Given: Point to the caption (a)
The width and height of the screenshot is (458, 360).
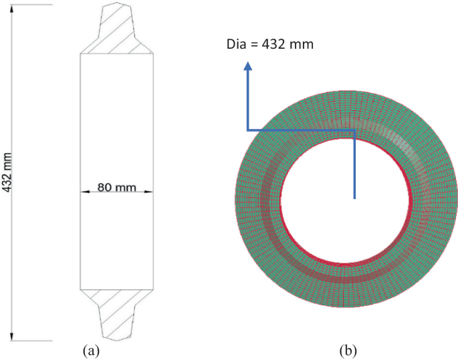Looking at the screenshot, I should (x=90, y=349).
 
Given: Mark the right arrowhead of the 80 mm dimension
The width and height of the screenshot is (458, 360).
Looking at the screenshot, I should (x=151, y=192).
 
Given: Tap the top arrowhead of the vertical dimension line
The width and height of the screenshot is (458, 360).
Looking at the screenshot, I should (x=14, y=7).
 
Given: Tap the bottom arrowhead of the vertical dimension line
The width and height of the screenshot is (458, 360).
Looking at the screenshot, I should (x=14, y=338).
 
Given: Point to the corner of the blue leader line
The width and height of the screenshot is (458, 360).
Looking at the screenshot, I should (x=248, y=130).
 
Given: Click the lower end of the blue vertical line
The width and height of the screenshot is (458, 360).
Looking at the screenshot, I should (x=354, y=198).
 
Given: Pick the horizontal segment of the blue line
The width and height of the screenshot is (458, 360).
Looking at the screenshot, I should (x=301, y=130).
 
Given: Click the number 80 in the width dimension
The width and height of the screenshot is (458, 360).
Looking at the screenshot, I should (x=104, y=188).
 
